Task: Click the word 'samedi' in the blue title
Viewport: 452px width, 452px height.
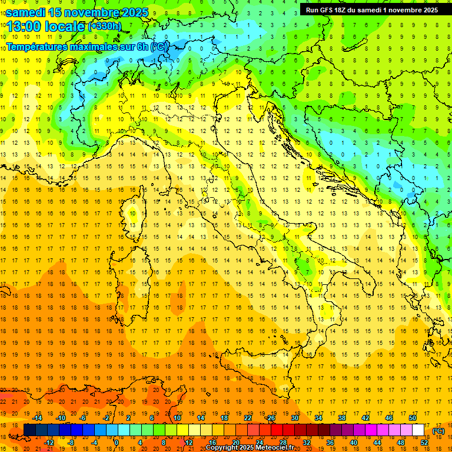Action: [26, 12]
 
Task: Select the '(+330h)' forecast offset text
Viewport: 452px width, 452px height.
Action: [105, 26]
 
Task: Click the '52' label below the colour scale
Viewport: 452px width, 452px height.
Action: [424, 442]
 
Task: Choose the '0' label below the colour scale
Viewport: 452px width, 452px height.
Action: [117, 442]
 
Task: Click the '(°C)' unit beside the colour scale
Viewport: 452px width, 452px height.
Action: [438, 431]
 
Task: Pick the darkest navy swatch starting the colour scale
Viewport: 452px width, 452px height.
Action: [29, 430]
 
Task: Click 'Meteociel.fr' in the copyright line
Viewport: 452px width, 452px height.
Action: [275, 448]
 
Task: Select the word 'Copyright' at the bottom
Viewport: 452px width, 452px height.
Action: [222, 448]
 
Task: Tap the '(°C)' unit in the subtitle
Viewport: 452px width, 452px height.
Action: [158, 46]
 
